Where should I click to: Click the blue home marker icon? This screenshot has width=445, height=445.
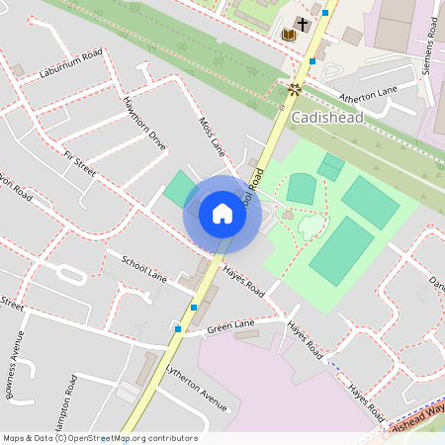point(222,213)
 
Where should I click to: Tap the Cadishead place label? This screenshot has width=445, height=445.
point(328,118)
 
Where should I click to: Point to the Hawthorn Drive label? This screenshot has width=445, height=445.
point(144,122)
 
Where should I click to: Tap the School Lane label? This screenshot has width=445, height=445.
point(143,267)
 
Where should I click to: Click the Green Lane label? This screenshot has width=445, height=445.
point(230,324)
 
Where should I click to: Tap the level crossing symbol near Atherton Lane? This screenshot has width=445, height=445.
point(294,88)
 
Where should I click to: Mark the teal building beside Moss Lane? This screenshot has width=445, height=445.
point(180,189)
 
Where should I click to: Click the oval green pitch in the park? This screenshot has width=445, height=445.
point(302,187)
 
